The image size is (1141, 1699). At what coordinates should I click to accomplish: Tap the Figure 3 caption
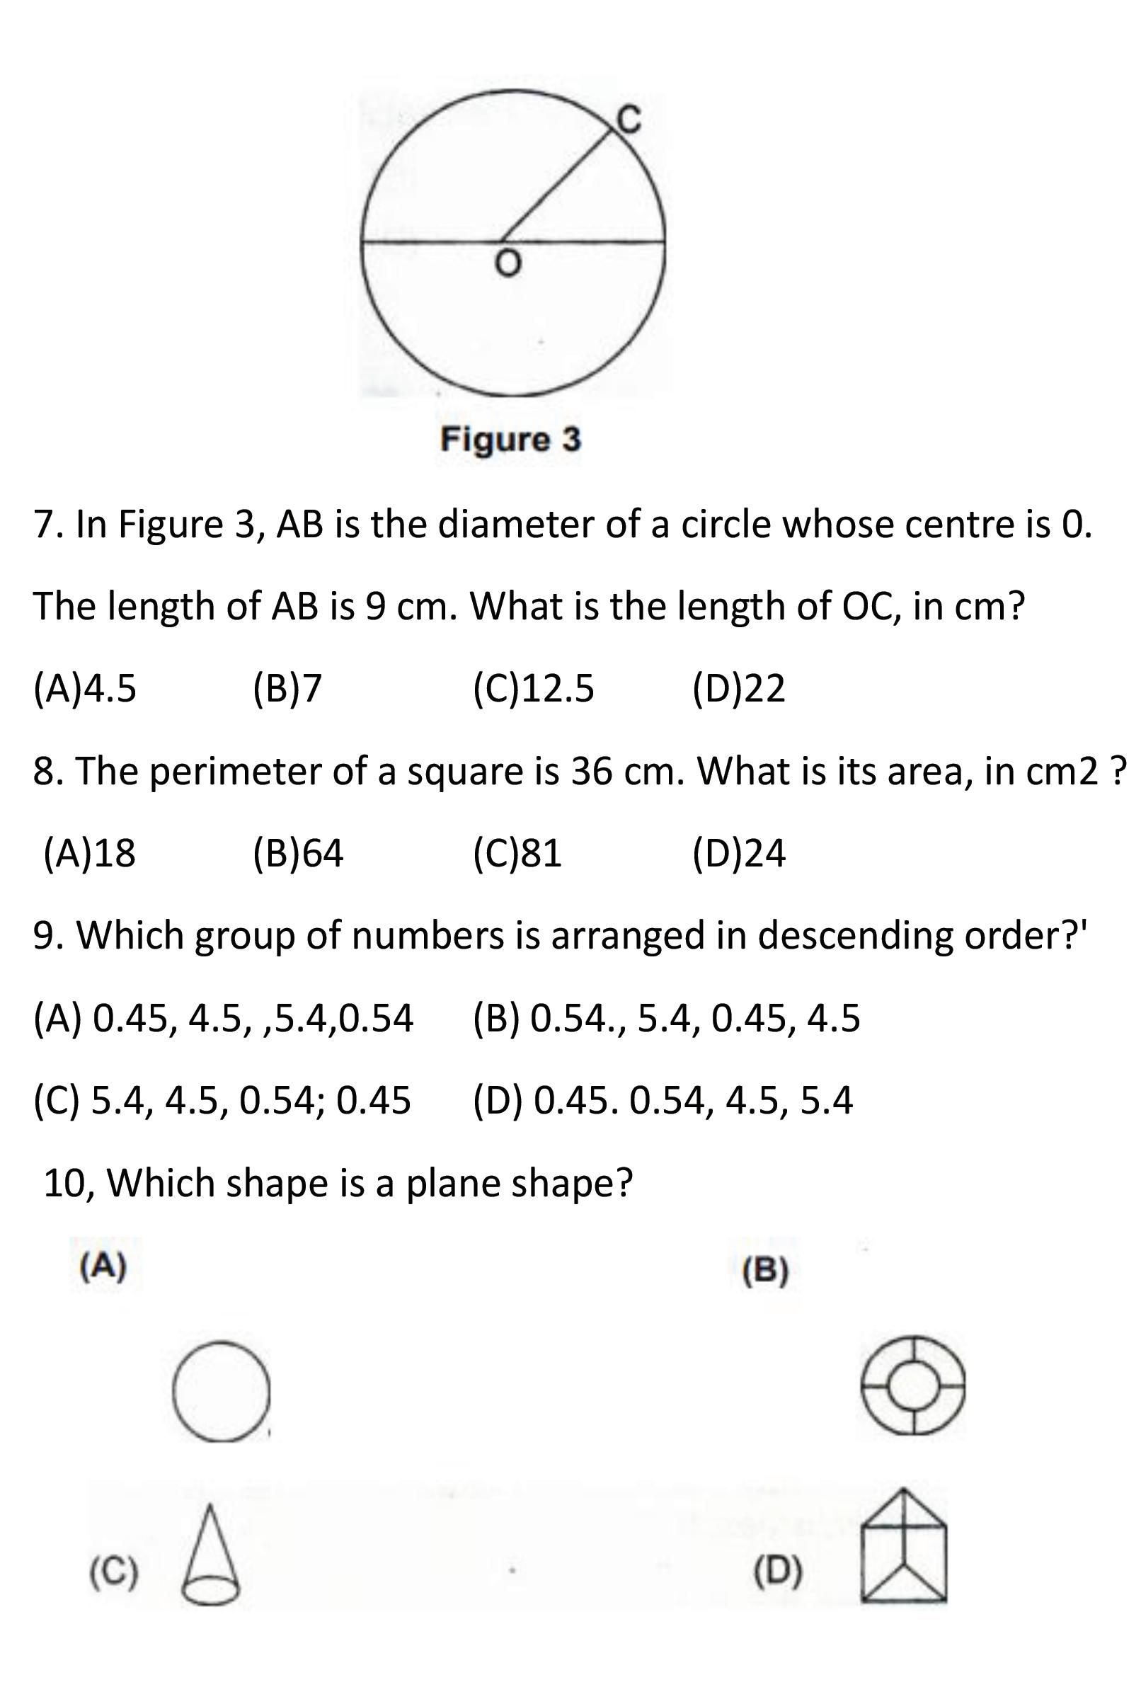click(x=510, y=440)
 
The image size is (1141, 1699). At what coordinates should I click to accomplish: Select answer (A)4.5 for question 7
click(x=84, y=688)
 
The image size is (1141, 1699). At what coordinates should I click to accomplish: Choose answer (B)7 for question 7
click(x=287, y=688)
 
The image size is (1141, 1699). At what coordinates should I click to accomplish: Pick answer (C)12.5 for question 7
click(x=534, y=688)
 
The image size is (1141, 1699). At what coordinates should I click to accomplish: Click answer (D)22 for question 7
click(x=738, y=688)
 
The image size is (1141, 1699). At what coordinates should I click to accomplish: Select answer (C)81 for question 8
click(x=517, y=853)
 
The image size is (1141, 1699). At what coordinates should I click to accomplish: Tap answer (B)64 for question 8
click(x=299, y=853)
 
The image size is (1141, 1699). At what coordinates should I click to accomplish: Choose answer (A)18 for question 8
click(x=89, y=853)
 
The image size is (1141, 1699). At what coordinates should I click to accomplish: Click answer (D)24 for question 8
click(x=738, y=853)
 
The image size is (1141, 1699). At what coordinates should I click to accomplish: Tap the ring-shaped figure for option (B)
click(x=913, y=1385)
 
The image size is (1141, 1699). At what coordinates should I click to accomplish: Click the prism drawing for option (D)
click(x=905, y=1545)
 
